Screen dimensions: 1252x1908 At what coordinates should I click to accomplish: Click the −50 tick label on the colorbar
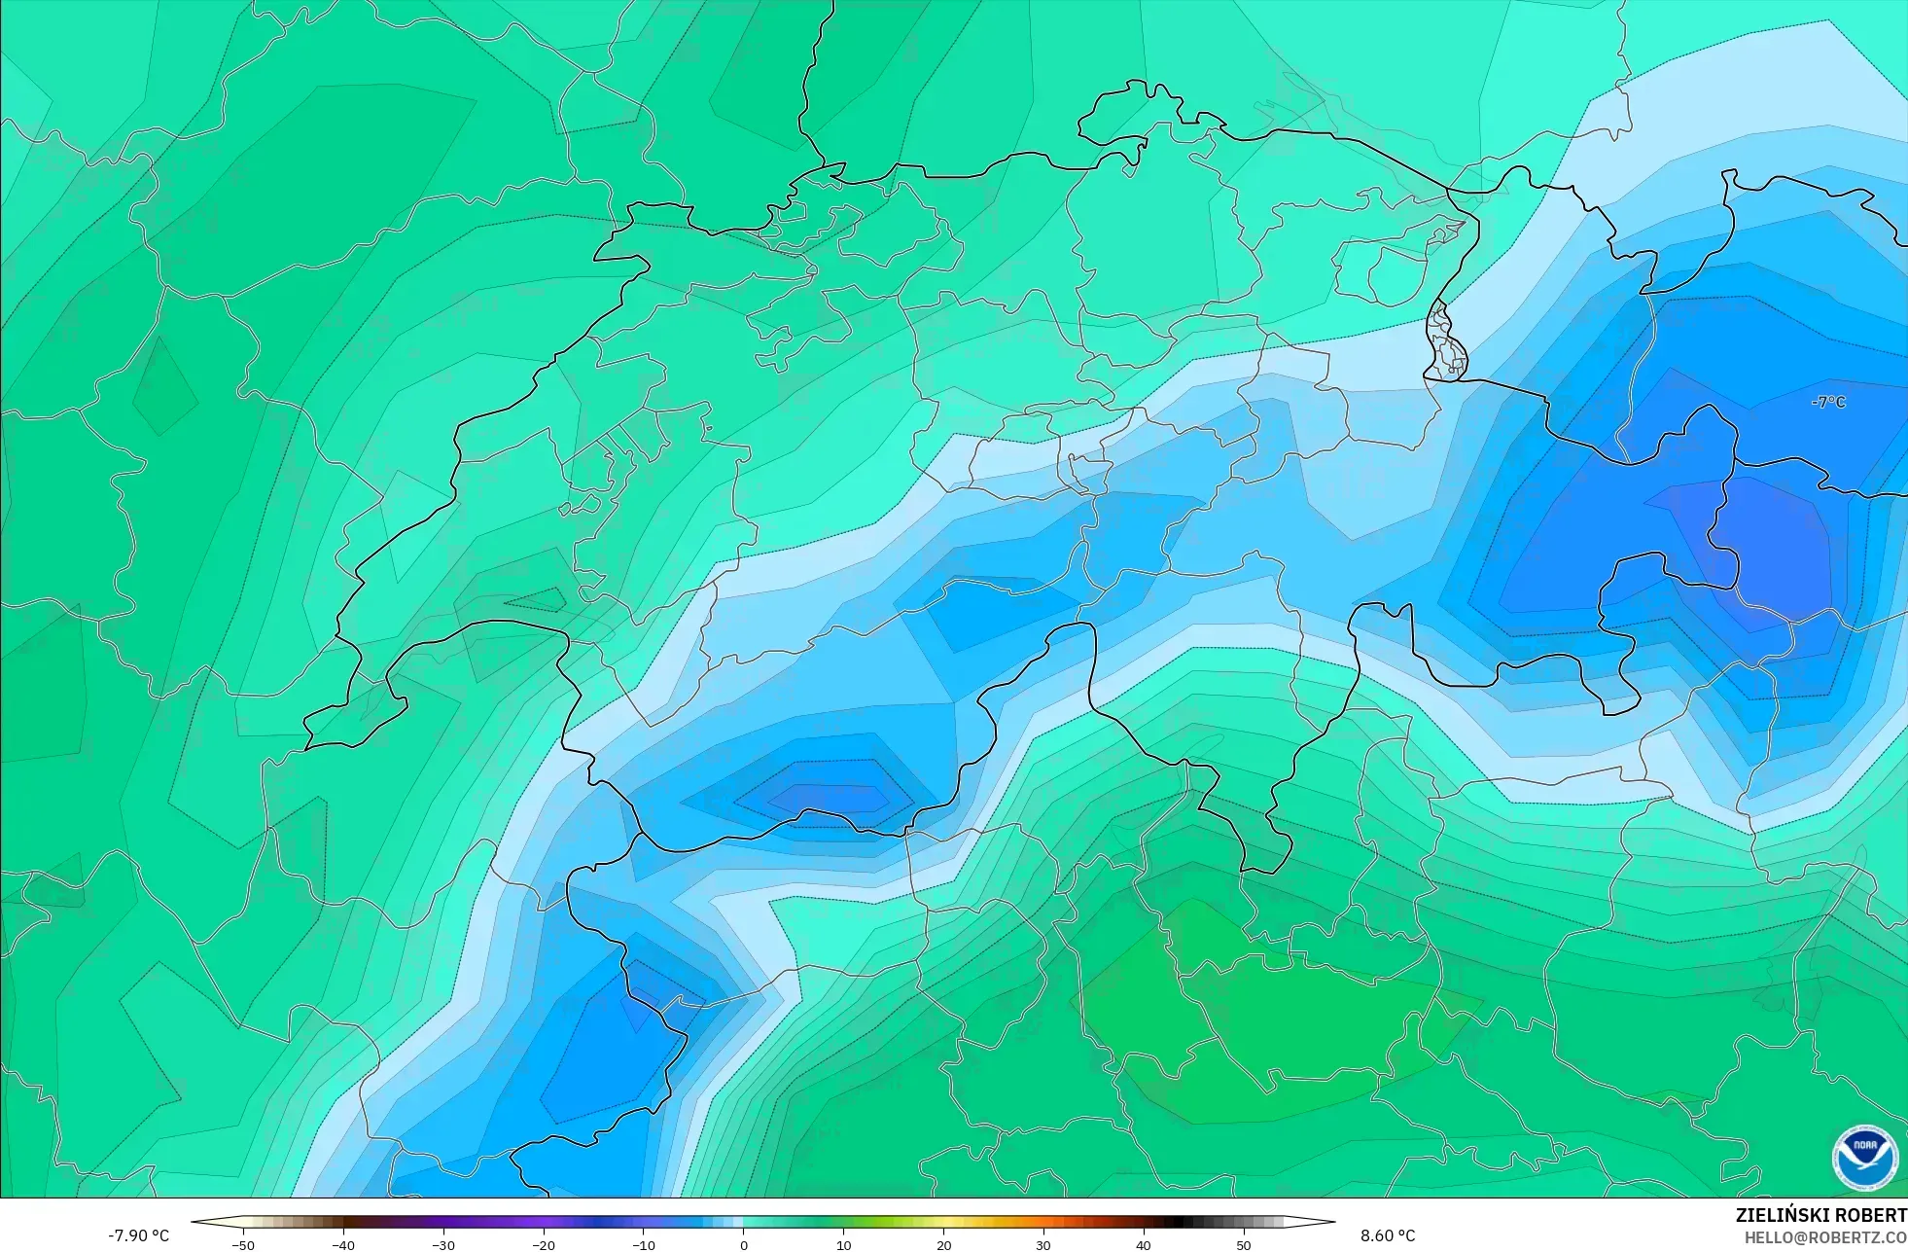click(x=242, y=1244)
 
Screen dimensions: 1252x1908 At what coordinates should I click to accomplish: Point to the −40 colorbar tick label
click(x=342, y=1244)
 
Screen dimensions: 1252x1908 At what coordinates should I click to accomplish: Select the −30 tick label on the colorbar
click(x=442, y=1244)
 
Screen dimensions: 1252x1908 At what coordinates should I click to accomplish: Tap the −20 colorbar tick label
click(x=543, y=1244)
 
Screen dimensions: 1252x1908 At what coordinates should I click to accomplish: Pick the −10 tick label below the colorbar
click(x=643, y=1244)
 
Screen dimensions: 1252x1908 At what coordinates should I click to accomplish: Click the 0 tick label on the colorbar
click(x=744, y=1244)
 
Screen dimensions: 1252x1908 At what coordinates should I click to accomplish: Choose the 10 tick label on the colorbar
click(x=843, y=1244)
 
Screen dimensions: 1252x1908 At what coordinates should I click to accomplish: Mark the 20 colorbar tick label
click(x=943, y=1244)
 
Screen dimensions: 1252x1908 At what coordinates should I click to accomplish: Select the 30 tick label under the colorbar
click(x=1043, y=1244)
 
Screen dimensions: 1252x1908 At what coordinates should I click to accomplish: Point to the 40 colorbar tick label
click(x=1144, y=1244)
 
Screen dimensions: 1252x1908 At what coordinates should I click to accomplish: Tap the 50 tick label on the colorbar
click(x=1244, y=1244)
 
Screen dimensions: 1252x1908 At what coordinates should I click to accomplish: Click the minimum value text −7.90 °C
click(x=138, y=1235)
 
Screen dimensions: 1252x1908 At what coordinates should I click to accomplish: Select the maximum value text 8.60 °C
click(x=1388, y=1235)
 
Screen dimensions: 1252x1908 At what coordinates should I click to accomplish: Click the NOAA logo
click(x=1864, y=1158)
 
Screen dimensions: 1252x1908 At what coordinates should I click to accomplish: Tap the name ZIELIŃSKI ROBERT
click(x=1820, y=1215)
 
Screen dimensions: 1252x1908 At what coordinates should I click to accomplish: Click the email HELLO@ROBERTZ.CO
click(x=1825, y=1237)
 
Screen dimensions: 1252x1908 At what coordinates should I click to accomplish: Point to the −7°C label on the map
click(x=1828, y=402)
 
